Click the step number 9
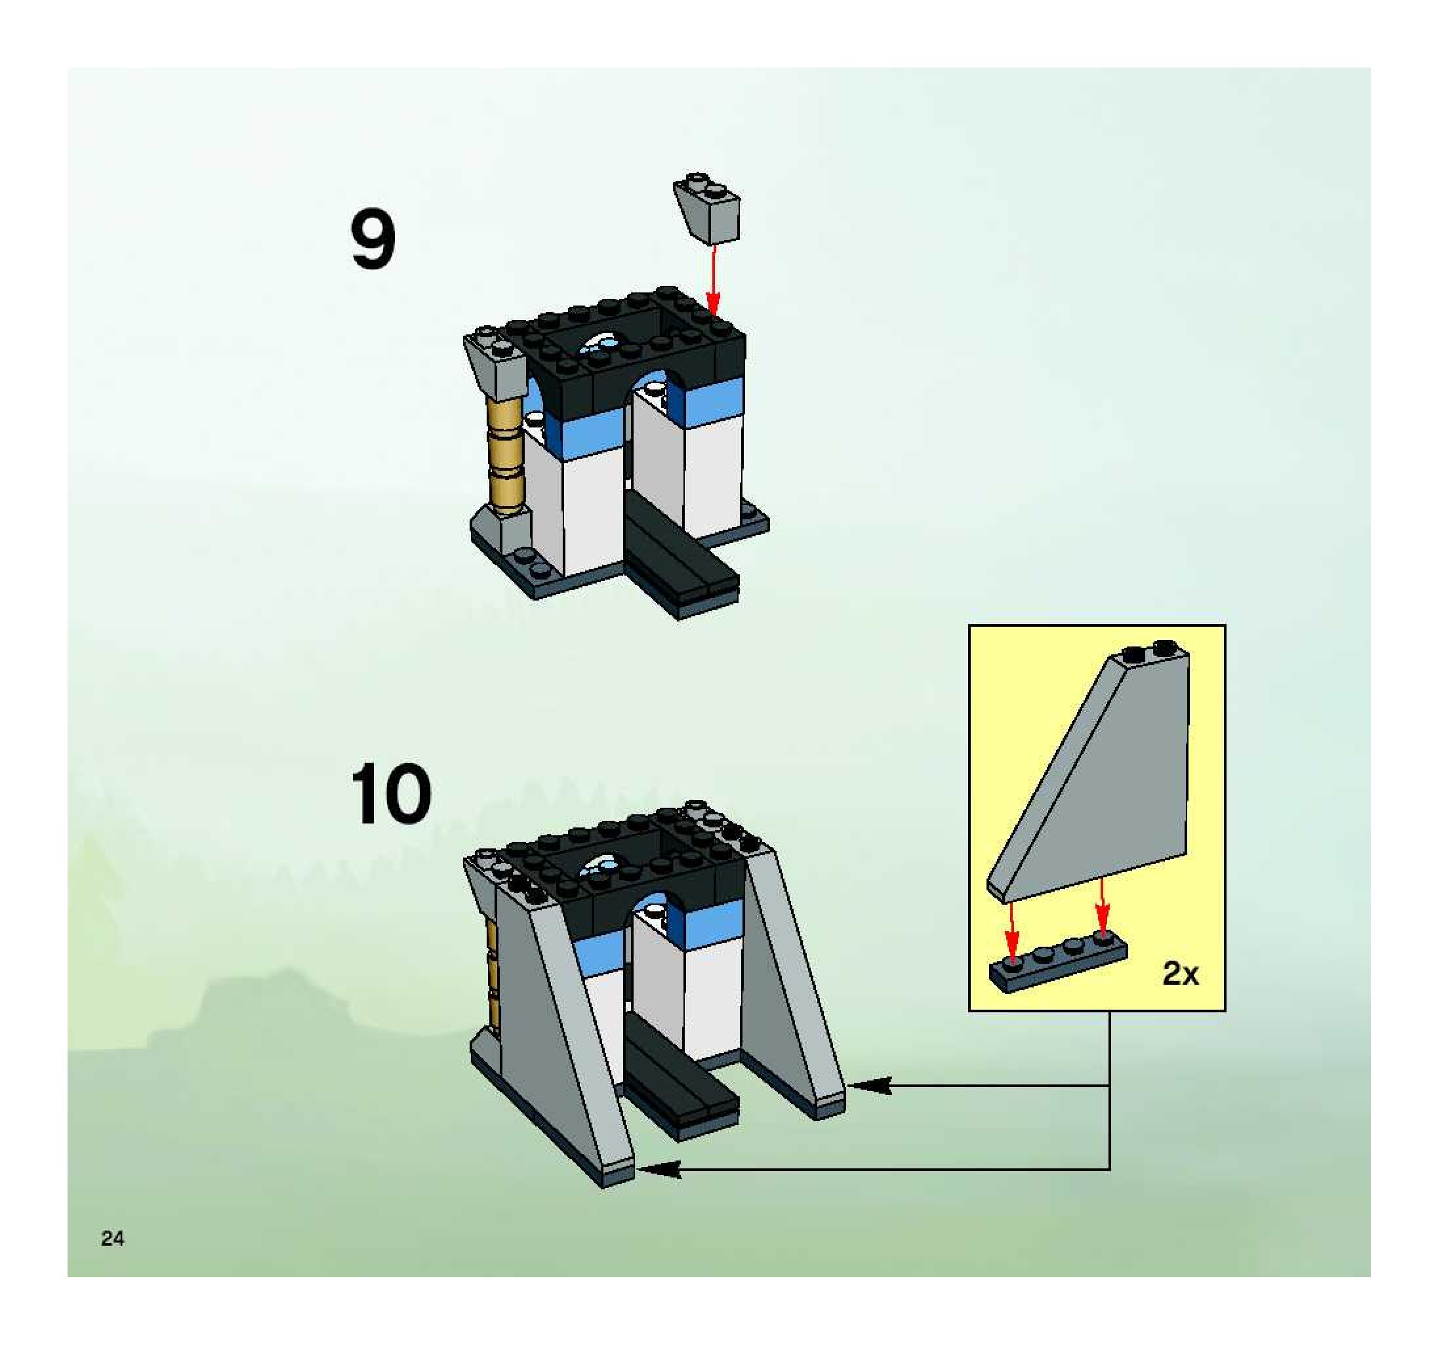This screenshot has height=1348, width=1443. click(x=373, y=239)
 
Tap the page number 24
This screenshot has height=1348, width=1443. click(x=113, y=1239)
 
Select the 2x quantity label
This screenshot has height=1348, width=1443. click(x=1180, y=974)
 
